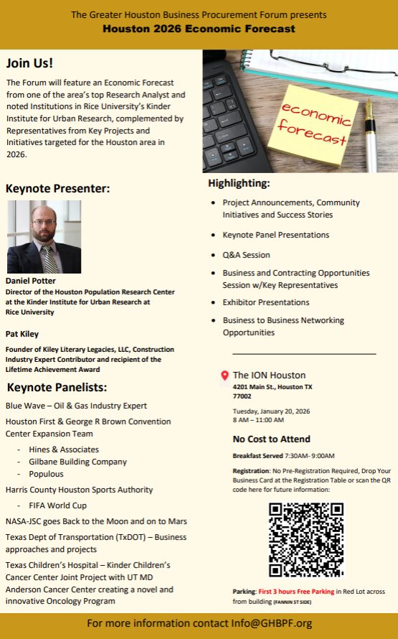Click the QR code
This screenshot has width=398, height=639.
(305, 539)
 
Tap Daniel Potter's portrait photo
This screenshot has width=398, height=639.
(44, 236)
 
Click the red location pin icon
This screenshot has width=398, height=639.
(224, 376)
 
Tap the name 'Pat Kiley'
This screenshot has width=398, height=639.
(23, 334)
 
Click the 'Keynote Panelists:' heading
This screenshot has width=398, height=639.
(57, 388)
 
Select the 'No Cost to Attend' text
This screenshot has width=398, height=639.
(272, 439)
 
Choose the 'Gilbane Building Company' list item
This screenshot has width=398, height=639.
(77, 462)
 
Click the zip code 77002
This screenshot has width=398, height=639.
(242, 396)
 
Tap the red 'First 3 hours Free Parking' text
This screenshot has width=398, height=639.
(296, 592)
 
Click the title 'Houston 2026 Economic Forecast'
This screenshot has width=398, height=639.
(199, 29)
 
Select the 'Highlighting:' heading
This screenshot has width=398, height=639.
(239, 183)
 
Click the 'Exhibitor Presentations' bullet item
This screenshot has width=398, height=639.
(266, 302)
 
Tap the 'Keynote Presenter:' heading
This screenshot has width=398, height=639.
(57, 189)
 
